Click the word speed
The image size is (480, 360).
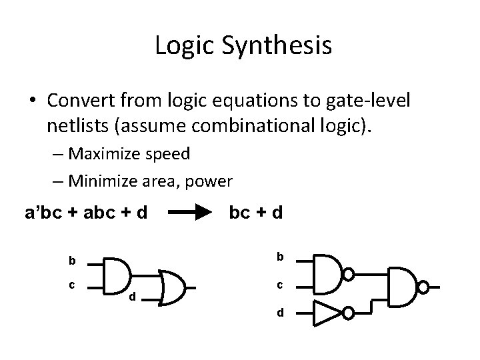tap(167, 154)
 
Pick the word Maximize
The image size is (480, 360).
tap(103, 154)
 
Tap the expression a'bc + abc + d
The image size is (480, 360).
tap(86, 213)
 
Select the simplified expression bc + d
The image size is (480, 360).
tap(255, 213)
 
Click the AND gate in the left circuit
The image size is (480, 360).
tap(119, 275)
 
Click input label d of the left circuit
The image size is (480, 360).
tap(132, 296)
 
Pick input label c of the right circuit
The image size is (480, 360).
tap(281, 285)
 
